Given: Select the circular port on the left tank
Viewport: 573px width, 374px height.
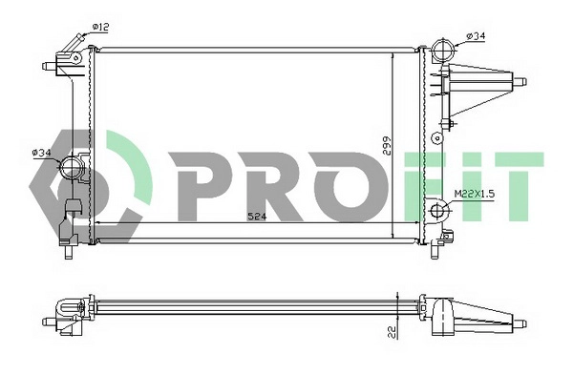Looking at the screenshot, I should [73, 171].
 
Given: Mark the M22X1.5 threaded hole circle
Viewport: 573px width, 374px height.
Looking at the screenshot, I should [439, 212].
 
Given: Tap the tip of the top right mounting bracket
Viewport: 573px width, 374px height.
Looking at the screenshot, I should [523, 81].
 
